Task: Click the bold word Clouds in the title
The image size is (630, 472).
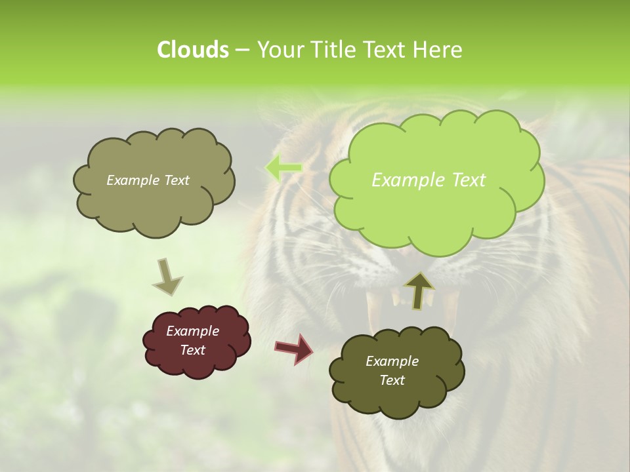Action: (x=192, y=49)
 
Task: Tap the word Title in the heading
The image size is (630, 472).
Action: (x=333, y=49)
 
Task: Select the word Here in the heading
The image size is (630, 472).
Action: (x=438, y=49)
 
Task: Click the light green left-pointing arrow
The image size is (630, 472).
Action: (x=283, y=168)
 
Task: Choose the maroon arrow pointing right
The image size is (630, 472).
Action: (x=294, y=348)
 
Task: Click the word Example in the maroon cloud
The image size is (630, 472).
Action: (x=192, y=331)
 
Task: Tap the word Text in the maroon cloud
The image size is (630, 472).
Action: (x=192, y=350)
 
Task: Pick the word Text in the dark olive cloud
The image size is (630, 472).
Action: (x=392, y=380)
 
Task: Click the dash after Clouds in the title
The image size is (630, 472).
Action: (x=241, y=49)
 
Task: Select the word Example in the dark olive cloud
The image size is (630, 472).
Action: (x=392, y=361)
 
